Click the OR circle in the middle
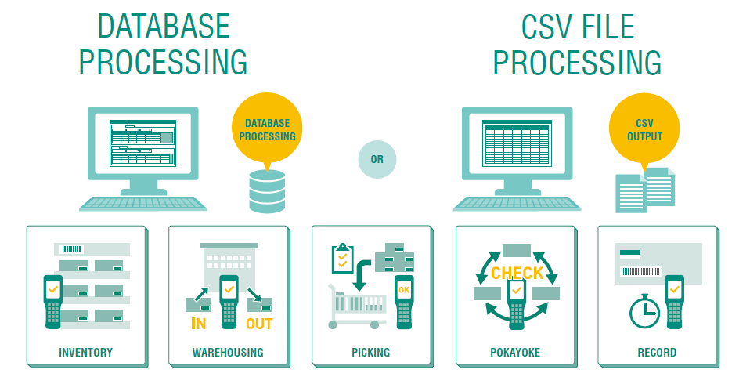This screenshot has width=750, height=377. tap(377, 159)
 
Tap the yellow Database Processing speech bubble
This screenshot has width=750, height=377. tap(267, 129)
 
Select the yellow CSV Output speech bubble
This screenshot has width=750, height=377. tap(644, 129)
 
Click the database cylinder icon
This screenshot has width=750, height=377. tap(267, 191)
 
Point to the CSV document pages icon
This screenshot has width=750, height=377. tap(645, 190)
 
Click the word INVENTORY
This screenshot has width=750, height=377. tap(85, 353)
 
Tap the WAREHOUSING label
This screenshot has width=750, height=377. tap(228, 353)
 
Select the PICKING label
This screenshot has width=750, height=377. tap(371, 353)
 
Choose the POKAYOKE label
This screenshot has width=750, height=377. tap(515, 353)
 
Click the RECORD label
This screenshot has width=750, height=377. tap(657, 353)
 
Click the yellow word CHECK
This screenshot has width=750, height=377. tap(517, 273)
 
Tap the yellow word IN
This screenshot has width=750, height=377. tap(198, 324)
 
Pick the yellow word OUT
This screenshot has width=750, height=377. tap(259, 324)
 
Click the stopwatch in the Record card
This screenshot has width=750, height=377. tap(644, 311)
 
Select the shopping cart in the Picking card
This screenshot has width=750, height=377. tap(357, 306)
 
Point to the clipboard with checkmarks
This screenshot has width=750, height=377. tap(342, 258)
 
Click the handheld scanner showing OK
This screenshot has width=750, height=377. tap(404, 302)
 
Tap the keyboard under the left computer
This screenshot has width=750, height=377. tap(143, 204)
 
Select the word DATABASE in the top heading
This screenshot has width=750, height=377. tap(164, 26)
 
